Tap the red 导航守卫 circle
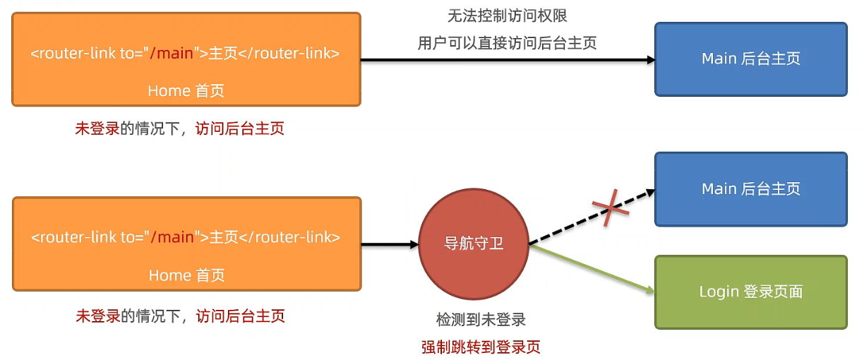(474, 244)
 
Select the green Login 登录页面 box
(750, 292)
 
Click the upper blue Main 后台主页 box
(750, 59)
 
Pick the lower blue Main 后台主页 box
(750, 188)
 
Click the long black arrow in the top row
(508, 61)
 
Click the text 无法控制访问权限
(508, 16)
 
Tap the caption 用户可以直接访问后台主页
(508, 43)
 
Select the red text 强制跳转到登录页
(481, 347)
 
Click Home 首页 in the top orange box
(186, 90)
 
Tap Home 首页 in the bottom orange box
(186, 275)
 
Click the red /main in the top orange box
(172, 53)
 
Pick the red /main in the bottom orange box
(172, 237)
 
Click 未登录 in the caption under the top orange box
(97, 128)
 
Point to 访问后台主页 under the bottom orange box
(241, 316)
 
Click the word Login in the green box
(719, 292)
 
